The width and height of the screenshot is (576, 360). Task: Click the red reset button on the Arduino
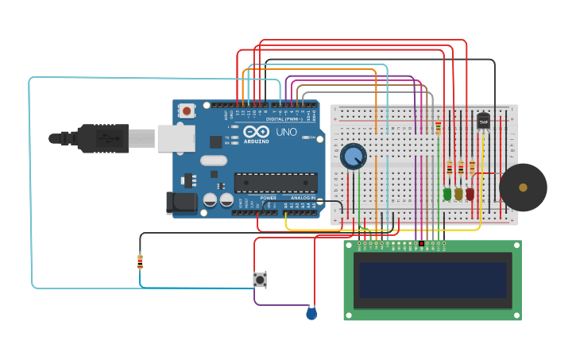coord(187,111)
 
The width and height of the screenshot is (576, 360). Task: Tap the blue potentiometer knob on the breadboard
coord(354,157)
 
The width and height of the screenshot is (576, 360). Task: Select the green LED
coord(447,193)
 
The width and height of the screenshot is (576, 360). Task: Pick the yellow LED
coord(458,193)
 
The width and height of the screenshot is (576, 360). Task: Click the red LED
coord(470,193)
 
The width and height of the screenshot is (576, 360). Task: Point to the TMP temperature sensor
coord(483,121)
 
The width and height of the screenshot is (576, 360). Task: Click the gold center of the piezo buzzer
coord(523,188)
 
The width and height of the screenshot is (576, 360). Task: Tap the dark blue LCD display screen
coord(432,280)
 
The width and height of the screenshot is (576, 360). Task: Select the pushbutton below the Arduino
coord(259,280)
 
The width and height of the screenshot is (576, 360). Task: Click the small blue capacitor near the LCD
coord(311,314)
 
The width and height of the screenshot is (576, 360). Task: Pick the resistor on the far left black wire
coord(140,261)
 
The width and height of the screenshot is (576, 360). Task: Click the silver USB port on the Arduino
coord(176,138)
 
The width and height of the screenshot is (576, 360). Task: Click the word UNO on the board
coord(284,132)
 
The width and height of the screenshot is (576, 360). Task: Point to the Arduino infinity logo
coord(257,132)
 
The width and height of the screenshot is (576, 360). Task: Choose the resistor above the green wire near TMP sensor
coord(438,128)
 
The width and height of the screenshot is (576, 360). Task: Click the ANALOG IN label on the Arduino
coord(302,198)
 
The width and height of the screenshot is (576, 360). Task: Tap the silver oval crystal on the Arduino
coord(214,161)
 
